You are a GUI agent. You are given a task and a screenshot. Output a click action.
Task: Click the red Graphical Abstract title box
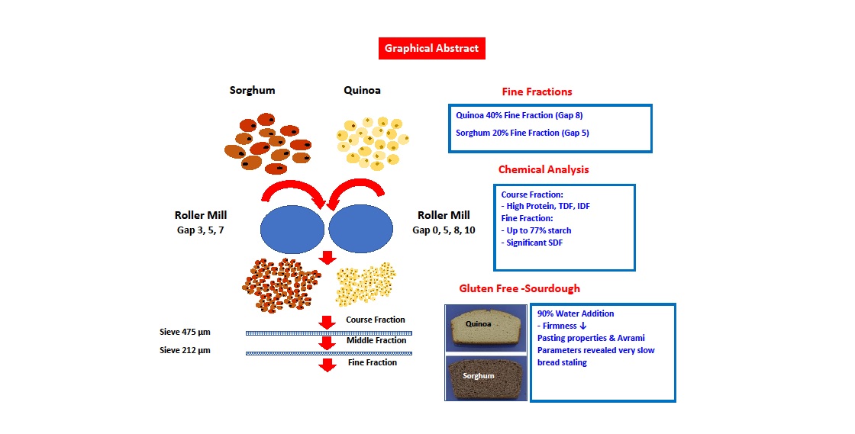431,48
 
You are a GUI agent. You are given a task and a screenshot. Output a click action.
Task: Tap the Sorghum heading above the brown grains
252,90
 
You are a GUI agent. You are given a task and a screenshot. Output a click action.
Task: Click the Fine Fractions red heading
537,92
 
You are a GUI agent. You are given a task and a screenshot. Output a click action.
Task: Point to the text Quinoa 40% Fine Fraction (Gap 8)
519,116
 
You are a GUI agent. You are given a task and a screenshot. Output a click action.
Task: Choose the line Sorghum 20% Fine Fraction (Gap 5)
522,133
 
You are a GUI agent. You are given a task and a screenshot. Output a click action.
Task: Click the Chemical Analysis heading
544,169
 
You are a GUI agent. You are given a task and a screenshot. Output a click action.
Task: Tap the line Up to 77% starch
536,230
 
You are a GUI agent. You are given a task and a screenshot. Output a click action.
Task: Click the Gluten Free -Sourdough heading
519,289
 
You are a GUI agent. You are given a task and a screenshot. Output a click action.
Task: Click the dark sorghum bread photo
486,377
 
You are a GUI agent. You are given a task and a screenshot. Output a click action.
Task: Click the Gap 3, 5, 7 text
199,230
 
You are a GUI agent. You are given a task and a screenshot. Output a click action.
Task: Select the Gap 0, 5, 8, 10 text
444,230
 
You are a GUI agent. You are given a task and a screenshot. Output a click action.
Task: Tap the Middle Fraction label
376,341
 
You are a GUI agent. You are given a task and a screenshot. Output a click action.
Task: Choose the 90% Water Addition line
576,313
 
